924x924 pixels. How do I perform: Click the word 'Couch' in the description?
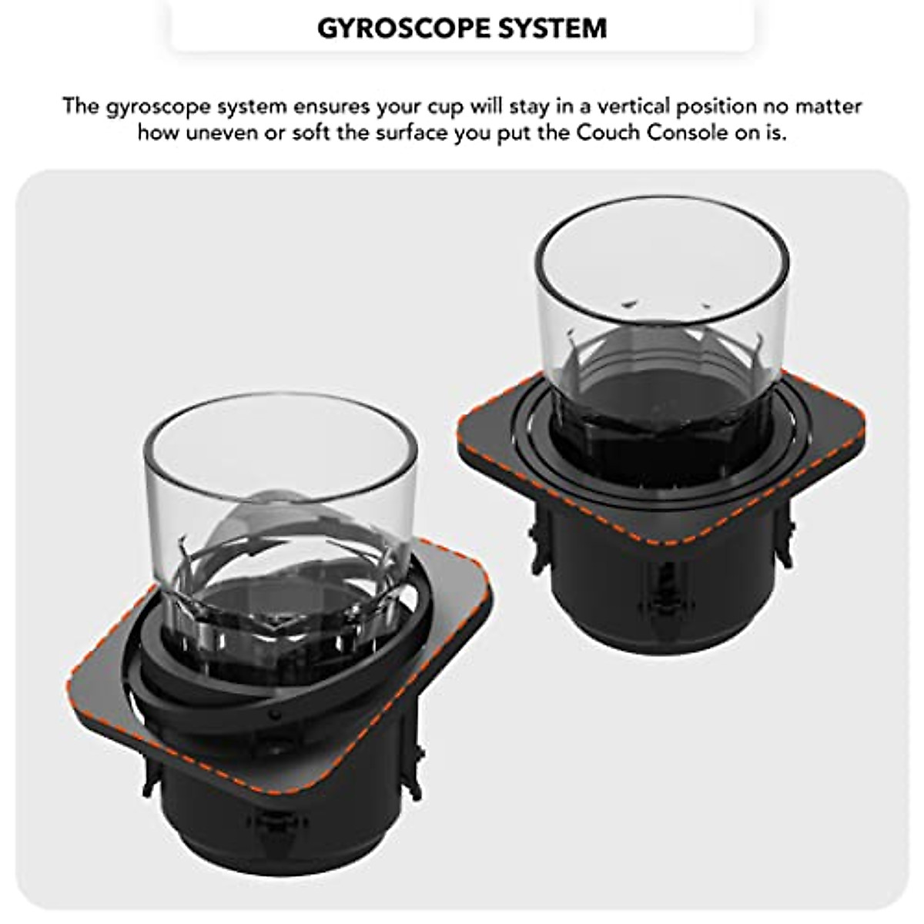(607, 132)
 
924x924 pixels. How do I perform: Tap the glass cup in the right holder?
(662, 308)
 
